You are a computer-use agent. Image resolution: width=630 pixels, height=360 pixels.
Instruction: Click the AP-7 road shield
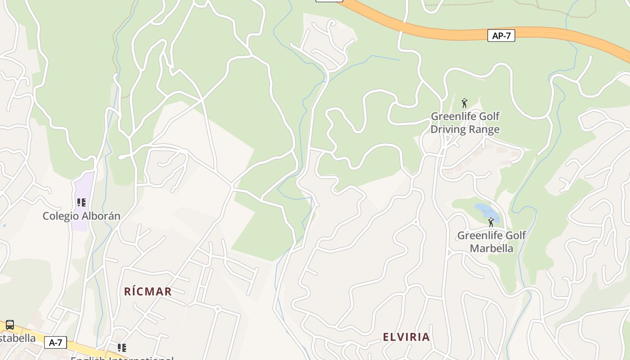coord(501,36)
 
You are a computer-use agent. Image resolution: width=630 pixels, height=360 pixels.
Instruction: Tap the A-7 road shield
coord(55,342)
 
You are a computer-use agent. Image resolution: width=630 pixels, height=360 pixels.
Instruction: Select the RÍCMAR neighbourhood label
coord(148,292)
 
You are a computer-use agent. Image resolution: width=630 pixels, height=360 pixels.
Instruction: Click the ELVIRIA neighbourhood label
coord(406,337)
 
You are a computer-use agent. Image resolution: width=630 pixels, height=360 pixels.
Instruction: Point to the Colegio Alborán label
coord(81,216)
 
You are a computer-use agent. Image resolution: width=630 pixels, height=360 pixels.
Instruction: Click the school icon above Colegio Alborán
coord(81,202)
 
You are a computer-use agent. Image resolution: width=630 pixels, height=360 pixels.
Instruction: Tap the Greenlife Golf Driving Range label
coord(465,123)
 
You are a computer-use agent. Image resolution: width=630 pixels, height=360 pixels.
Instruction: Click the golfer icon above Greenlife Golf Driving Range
coord(464,103)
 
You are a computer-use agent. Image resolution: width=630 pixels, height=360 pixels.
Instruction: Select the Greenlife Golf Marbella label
coord(491,242)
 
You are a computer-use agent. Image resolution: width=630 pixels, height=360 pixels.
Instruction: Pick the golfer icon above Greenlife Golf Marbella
coord(491,222)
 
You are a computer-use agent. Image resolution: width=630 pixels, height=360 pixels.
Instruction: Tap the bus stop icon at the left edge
coord(9,325)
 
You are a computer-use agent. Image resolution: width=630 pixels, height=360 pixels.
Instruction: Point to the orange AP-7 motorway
coord(432,31)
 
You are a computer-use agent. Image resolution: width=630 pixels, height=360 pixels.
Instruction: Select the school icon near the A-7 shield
coord(121,347)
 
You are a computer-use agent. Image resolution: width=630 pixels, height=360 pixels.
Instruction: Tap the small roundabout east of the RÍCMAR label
coord(217,309)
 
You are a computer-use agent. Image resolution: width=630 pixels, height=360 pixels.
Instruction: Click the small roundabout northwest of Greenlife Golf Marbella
coord(416,222)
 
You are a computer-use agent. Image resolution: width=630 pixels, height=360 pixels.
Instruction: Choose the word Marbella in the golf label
coord(491,248)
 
